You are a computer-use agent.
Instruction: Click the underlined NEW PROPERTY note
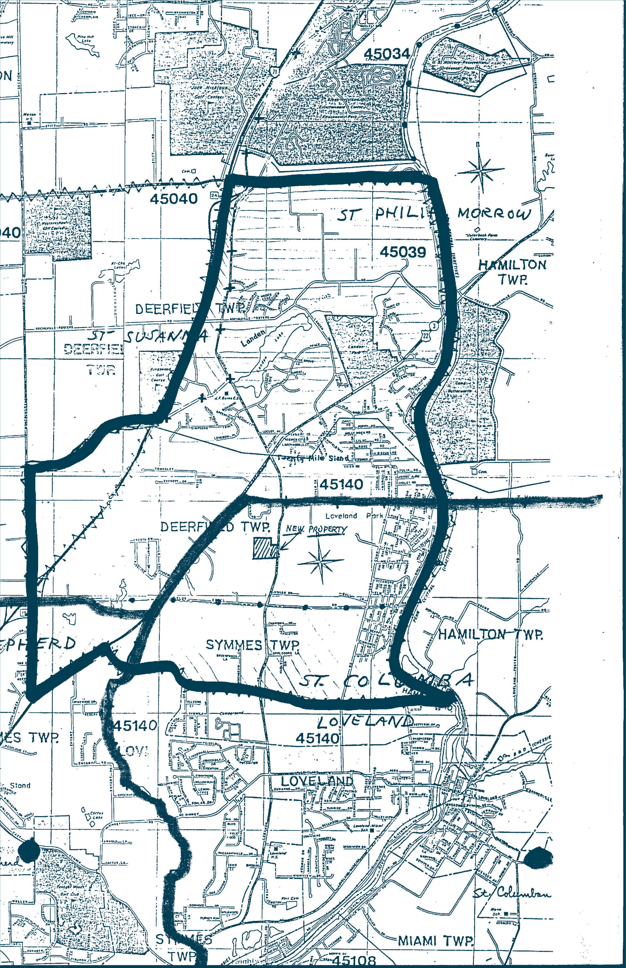click(x=316, y=529)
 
